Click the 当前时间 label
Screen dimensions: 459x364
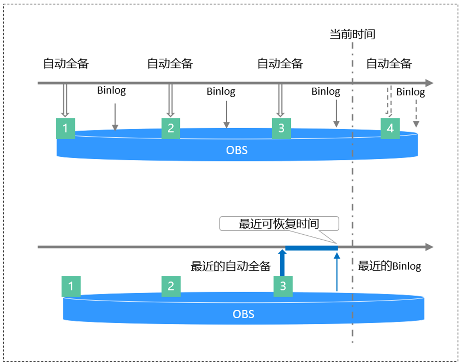(352, 34)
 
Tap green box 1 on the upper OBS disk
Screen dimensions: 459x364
(66, 128)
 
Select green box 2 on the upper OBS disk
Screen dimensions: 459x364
(171, 128)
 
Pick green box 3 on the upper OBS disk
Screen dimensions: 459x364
(281, 128)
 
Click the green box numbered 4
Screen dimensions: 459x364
(390, 128)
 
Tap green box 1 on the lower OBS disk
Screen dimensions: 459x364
(71, 287)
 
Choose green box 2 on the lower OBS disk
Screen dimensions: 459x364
(171, 287)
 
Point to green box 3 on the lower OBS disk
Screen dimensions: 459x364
(283, 287)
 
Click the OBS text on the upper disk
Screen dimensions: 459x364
(237, 150)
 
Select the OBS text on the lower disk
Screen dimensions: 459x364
(243, 314)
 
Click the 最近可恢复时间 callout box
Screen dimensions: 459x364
(279, 223)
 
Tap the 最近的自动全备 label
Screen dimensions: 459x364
(231, 266)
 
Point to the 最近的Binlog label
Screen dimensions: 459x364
(389, 266)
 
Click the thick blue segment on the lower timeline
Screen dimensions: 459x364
(312, 248)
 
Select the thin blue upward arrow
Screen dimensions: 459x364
(337, 272)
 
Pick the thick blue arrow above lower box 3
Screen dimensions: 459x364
(282, 263)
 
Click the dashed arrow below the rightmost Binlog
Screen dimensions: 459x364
(416, 114)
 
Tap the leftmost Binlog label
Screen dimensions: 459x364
(111, 91)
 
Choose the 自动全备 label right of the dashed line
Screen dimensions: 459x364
(389, 63)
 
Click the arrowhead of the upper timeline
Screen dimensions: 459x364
(429, 83)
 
